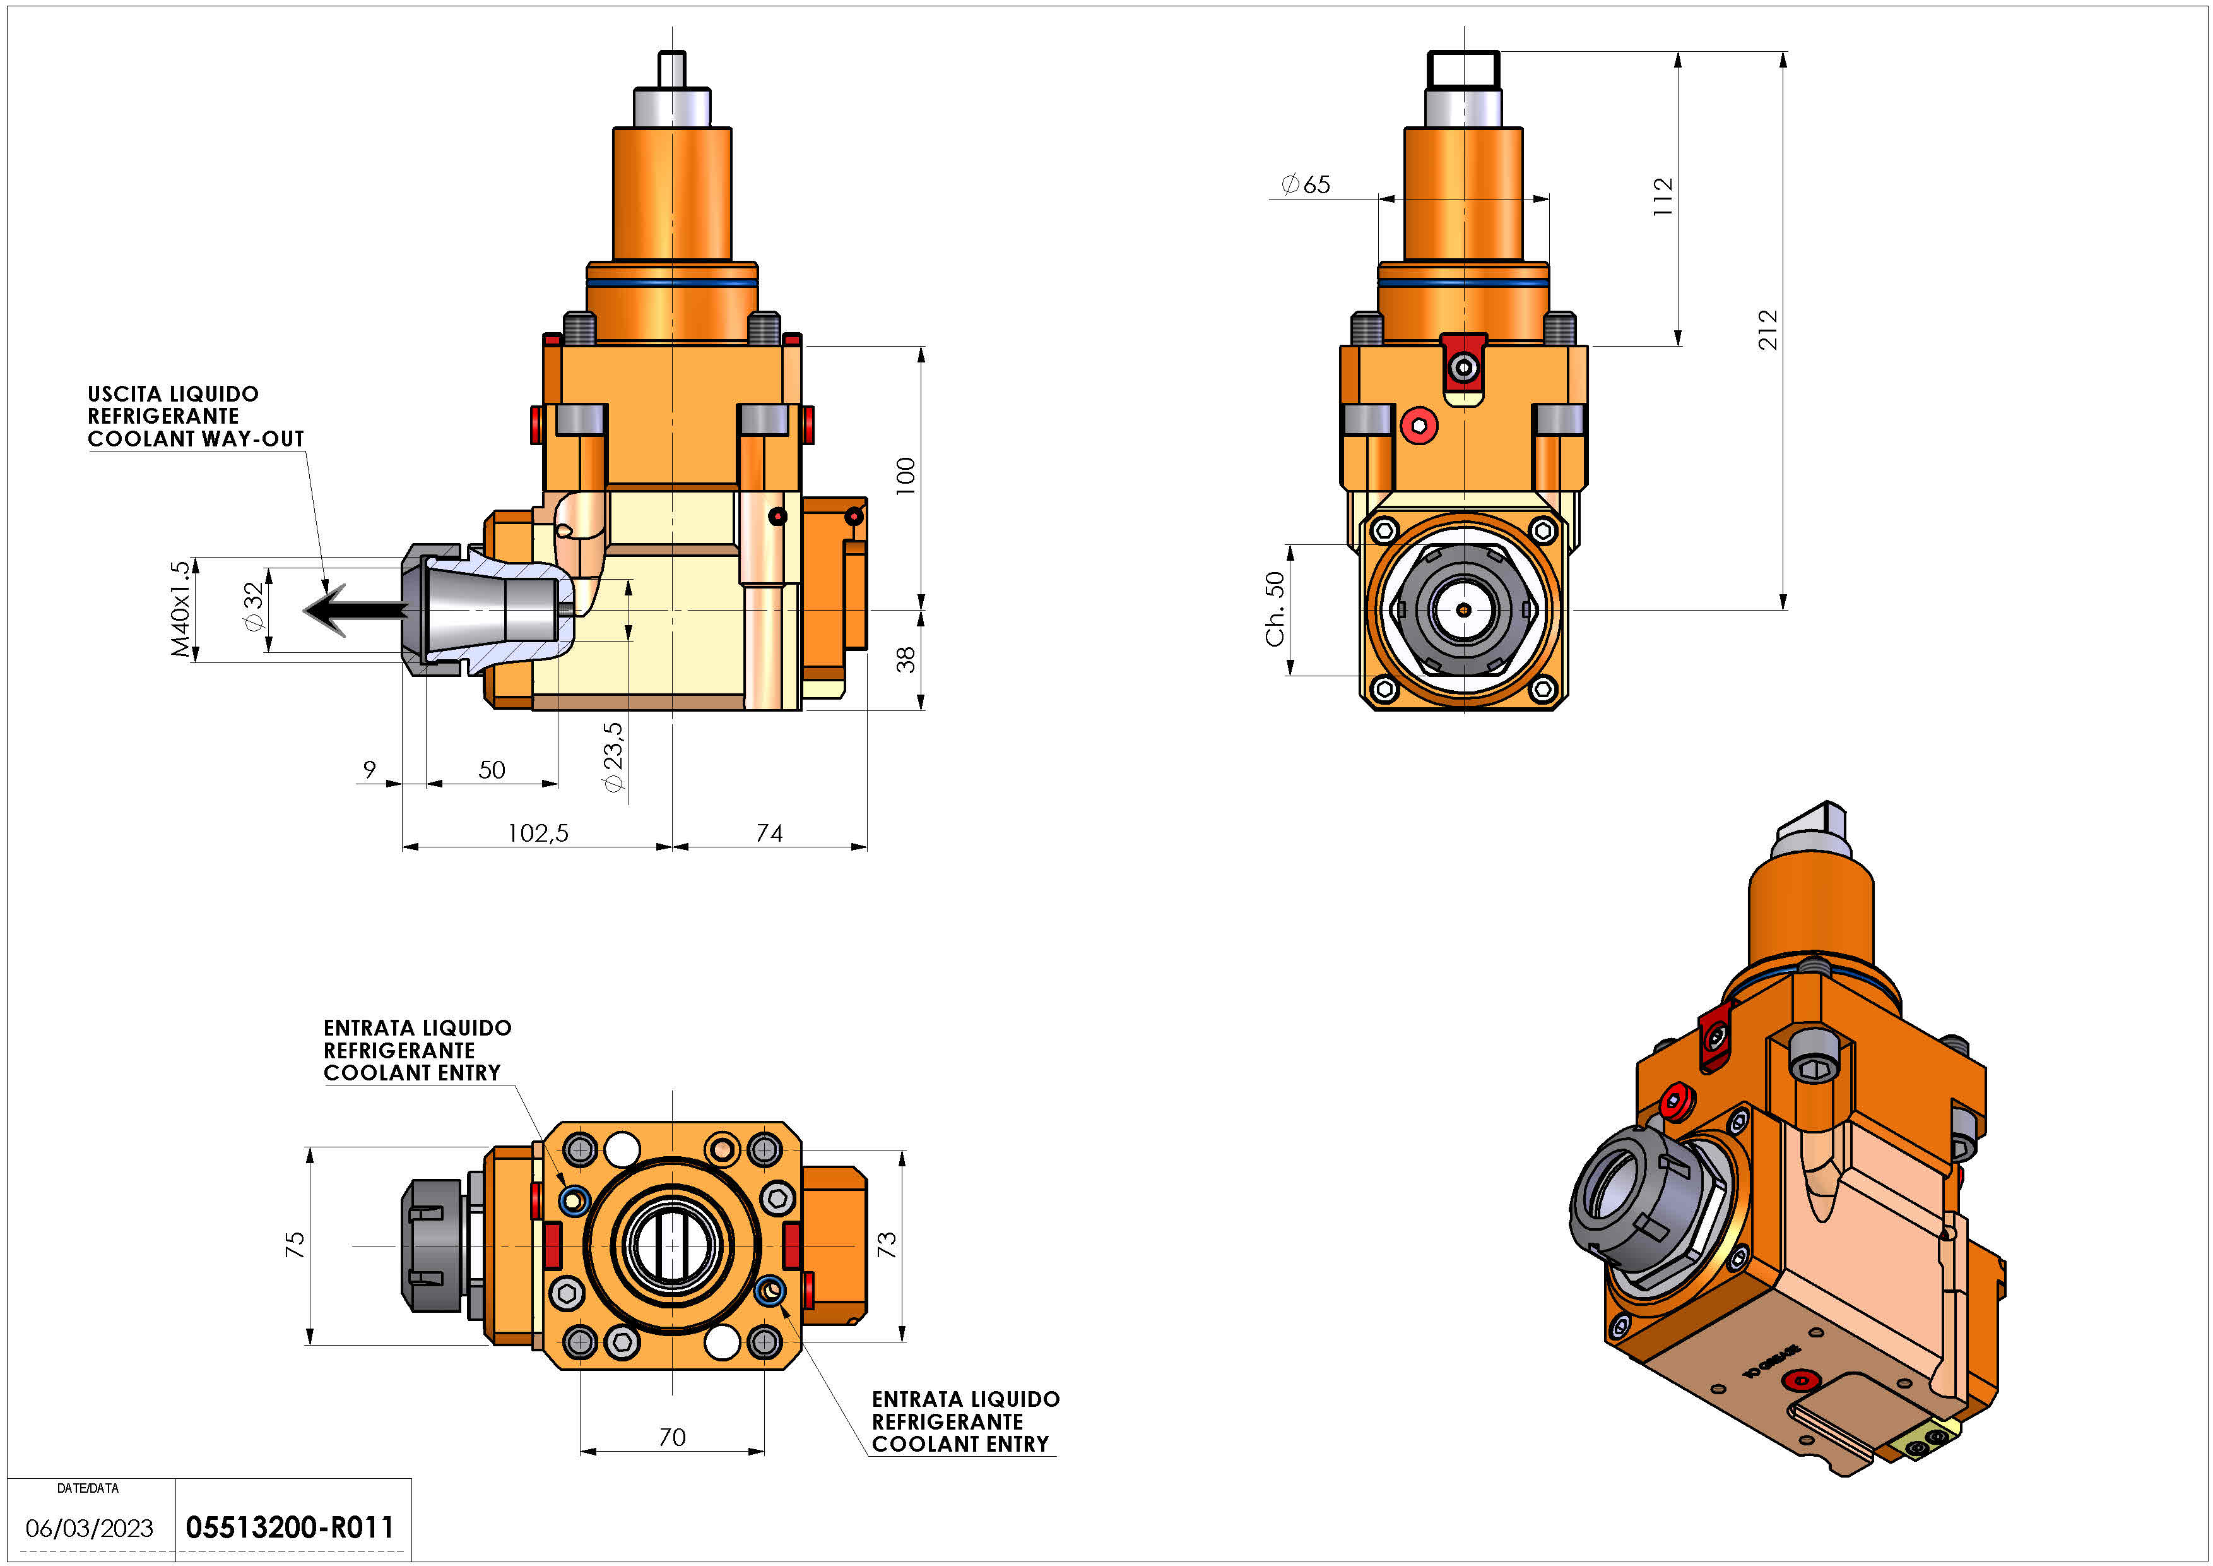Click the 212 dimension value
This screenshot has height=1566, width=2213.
coord(1767,330)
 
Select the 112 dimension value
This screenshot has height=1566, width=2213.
coord(1663,197)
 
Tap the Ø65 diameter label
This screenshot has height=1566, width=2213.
coord(1306,184)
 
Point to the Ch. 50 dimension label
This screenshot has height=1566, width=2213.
coord(1275,609)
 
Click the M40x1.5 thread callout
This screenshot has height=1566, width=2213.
coord(180,609)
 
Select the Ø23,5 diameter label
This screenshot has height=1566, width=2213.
coord(613,757)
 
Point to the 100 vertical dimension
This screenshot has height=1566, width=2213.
coord(905,476)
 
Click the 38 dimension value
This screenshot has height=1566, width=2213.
coord(905,660)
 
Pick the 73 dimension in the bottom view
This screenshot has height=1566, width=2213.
coord(887,1244)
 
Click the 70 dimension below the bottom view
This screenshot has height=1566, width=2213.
coord(672,1437)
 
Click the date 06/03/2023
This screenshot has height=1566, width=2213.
coord(90,1528)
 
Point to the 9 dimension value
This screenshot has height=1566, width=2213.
coord(369,770)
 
